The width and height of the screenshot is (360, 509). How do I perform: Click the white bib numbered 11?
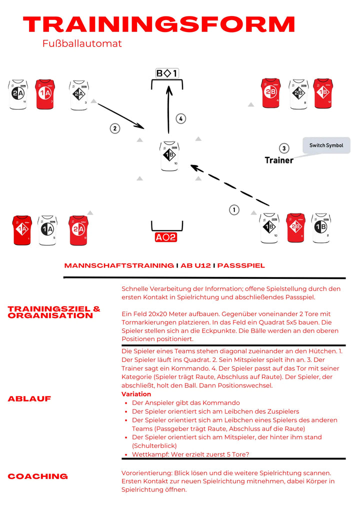pyautogui.click(x=18, y=94)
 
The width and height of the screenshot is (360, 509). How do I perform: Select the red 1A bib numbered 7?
pyautogui.click(x=45, y=94)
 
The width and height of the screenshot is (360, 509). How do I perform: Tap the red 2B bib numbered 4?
pyautogui.click(x=270, y=93)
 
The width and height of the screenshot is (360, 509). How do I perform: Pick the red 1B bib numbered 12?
pyautogui.click(x=322, y=93)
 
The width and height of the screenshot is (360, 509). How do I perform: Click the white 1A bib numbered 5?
pyautogui.click(x=47, y=230)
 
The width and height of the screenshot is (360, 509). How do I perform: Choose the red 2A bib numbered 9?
pyautogui.click(x=78, y=230)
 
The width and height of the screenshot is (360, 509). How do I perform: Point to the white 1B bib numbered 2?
pyautogui.click(x=320, y=228)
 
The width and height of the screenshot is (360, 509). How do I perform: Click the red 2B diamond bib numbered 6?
pyautogui.click(x=295, y=228)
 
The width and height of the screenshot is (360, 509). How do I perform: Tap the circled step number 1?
pyautogui.click(x=234, y=210)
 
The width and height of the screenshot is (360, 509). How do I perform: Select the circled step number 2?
pyautogui.click(x=115, y=128)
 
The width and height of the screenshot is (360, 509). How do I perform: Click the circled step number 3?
pyautogui.click(x=284, y=148)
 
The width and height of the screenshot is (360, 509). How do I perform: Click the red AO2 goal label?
pyautogui.click(x=165, y=237)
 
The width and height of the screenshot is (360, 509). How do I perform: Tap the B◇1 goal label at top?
pyautogui.click(x=167, y=74)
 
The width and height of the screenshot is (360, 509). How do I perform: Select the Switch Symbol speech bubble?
pyautogui.click(x=326, y=145)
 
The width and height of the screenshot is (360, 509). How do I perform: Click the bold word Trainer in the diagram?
pyautogui.click(x=278, y=160)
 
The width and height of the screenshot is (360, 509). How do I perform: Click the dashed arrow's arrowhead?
pyautogui.click(x=194, y=168)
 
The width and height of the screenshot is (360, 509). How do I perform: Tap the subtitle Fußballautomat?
pyautogui.click(x=82, y=43)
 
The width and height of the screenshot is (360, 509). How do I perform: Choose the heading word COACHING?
pyautogui.click(x=37, y=476)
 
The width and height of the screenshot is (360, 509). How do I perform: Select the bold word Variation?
pyautogui.click(x=136, y=394)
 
